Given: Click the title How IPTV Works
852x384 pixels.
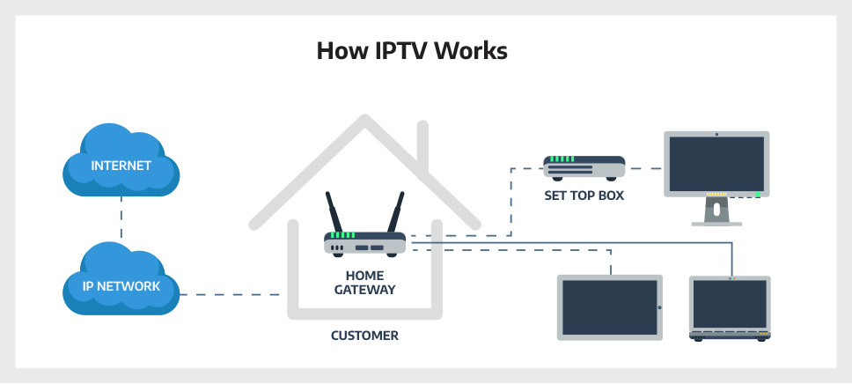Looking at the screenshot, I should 412,51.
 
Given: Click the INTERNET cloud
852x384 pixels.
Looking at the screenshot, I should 121,166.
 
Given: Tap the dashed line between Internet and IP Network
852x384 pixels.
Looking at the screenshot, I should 121,225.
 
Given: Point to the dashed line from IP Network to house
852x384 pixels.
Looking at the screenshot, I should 234,294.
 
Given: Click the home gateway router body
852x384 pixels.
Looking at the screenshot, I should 364,243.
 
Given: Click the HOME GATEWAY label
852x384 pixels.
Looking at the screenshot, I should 364,282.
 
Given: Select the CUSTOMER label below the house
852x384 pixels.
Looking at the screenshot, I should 364,336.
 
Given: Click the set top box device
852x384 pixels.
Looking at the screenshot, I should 584,166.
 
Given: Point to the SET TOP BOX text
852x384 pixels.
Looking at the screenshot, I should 584,196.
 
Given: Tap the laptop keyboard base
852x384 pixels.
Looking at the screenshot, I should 730,336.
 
